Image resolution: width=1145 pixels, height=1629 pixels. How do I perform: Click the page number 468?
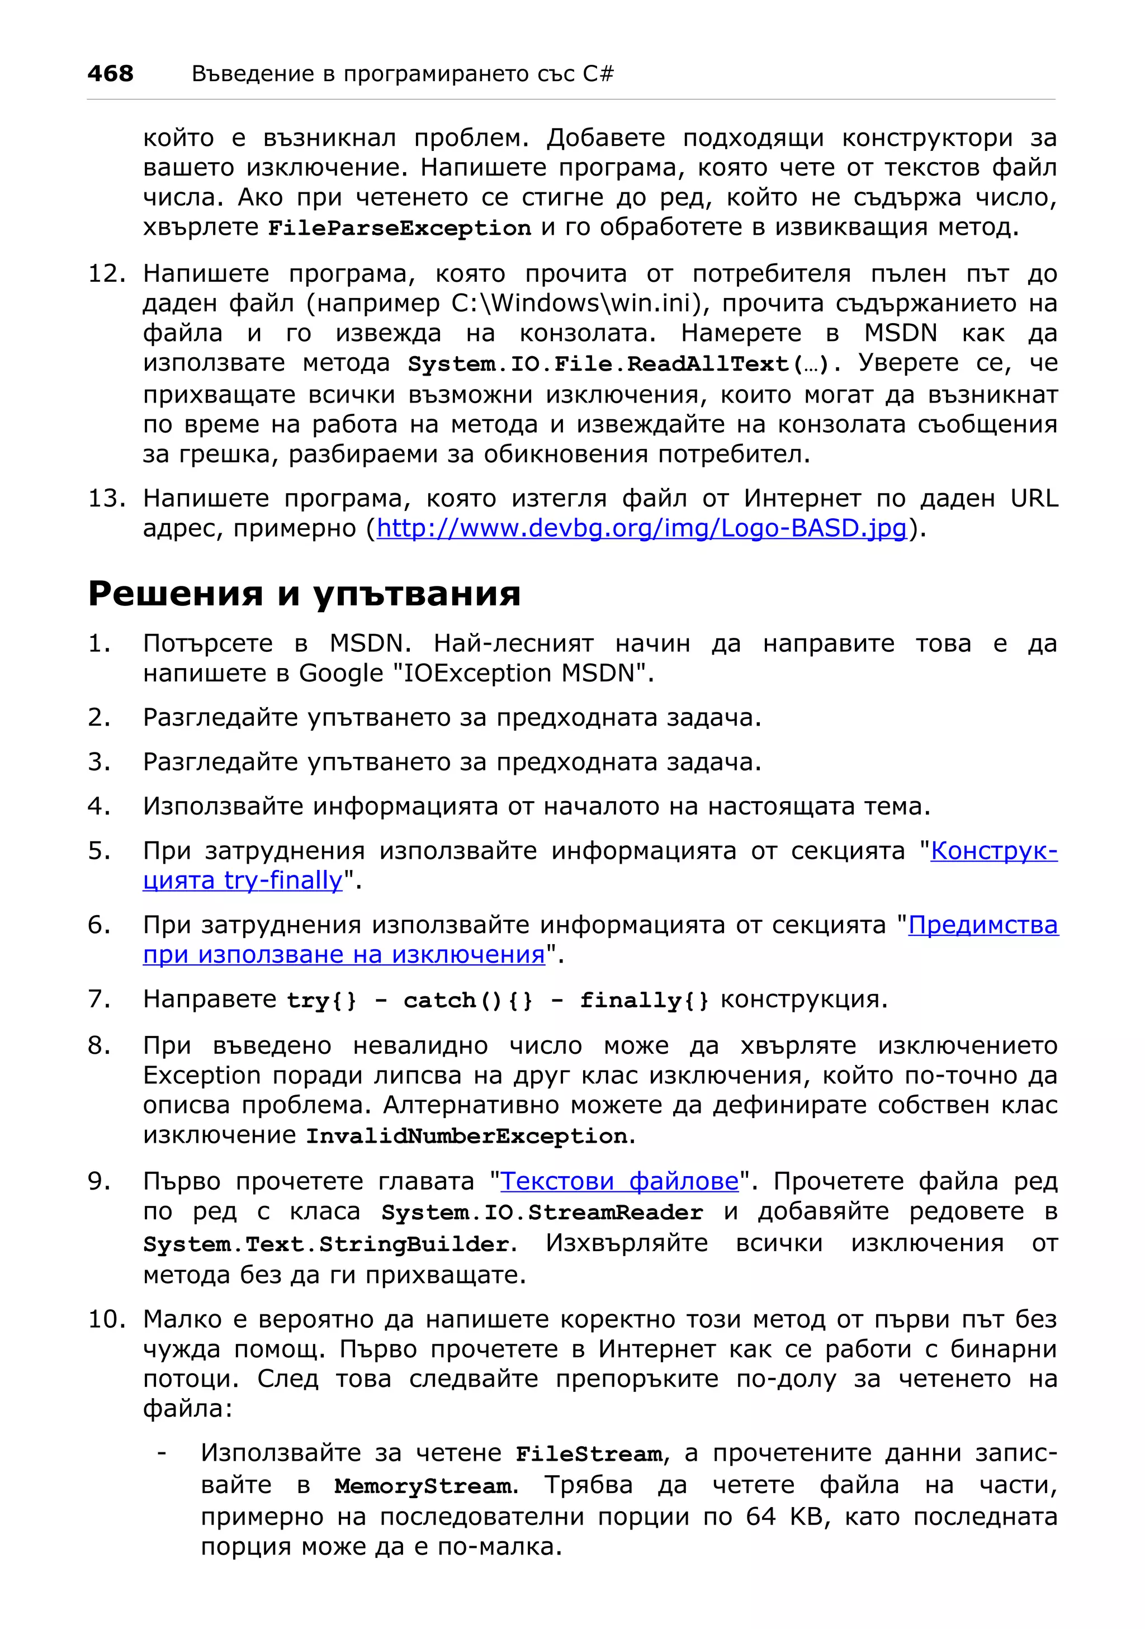[110, 73]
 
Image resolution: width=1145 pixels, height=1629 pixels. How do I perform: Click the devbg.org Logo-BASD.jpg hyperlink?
[641, 528]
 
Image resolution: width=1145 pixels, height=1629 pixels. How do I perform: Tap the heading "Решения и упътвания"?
[304, 593]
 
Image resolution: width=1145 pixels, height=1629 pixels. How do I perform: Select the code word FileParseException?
[399, 229]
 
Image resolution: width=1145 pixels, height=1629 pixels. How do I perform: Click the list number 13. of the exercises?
[106, 498]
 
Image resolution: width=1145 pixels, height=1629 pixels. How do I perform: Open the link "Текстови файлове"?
[619, 1181]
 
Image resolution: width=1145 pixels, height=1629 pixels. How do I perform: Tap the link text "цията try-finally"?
[243, 880]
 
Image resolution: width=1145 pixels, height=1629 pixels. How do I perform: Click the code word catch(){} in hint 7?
[468, 1001]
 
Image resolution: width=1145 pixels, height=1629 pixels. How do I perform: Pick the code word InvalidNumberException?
[467, 1136]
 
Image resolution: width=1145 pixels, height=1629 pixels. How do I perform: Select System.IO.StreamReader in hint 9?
[542, 1212]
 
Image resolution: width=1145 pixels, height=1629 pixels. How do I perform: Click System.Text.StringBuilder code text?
[325, 1244]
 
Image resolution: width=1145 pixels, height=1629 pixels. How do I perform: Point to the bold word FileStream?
[589, 1454]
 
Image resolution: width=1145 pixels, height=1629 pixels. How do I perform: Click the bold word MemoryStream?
[424, 1485]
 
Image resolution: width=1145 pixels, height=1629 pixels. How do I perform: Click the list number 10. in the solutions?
[106, 1319]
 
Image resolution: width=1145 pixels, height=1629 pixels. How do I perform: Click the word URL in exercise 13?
[1034, 498]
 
